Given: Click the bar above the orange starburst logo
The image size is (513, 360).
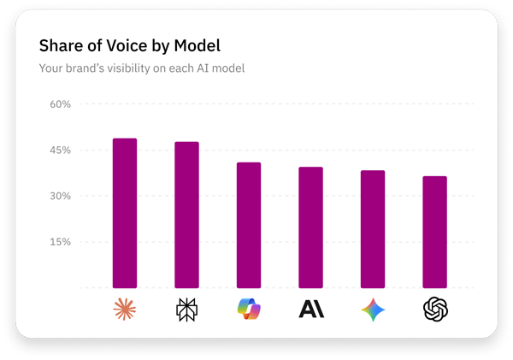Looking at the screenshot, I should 125,213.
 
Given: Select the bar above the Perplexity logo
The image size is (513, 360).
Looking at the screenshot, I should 186,215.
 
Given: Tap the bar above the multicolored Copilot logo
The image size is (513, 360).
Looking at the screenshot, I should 249,225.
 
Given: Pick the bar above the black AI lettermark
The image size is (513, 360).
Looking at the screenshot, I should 310,227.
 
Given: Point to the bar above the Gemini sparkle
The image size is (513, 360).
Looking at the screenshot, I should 373,229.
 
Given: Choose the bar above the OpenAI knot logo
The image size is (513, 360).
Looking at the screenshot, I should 434,232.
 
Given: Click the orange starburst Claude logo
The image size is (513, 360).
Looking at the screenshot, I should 125,309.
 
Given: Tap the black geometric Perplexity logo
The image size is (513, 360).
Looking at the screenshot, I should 186,309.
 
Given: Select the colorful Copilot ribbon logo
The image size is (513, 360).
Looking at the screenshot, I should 249,309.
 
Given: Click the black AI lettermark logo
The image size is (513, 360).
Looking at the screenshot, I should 311,309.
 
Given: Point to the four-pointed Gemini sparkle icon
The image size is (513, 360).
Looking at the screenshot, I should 373,309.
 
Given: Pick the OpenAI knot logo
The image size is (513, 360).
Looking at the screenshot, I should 435,309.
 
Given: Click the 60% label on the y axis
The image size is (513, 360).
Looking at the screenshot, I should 59,104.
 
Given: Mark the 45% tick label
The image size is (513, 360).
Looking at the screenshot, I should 59,150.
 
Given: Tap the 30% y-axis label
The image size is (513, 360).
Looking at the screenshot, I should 59,196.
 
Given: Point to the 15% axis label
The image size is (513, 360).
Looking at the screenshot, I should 59,242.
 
